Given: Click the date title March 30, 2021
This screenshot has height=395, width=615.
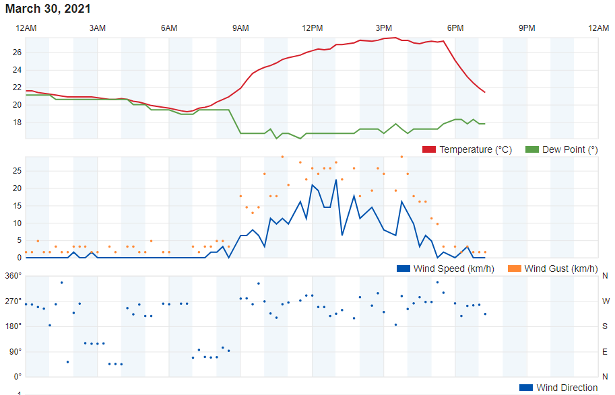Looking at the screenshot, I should point(48,9).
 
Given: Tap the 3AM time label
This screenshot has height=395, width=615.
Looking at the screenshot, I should point(97,28).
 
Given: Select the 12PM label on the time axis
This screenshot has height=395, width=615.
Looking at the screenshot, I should point(312,28).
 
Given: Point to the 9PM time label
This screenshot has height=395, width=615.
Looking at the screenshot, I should point(527,28).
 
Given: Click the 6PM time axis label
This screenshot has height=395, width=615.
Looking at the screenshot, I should point(455,28).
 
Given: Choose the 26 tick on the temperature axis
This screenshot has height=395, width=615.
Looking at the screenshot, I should point(18,52).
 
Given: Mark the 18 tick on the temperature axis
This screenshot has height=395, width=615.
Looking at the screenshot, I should point(18,122).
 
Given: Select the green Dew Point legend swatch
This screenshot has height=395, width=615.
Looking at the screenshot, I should point(532,149).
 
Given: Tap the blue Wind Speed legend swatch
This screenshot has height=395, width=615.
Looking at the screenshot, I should point(403,269).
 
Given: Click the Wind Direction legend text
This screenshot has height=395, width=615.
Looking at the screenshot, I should point(567,388).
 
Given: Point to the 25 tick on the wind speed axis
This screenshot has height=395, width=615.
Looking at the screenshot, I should point(18,171).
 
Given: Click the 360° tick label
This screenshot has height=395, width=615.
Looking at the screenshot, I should point(13,276).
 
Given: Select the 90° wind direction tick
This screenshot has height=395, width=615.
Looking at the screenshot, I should point(15,351).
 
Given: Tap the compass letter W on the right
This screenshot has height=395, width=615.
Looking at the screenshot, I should point(606,301).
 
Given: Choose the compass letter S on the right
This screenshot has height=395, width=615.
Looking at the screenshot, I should point(605,326).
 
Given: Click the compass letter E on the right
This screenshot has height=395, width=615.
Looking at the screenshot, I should point(605,351).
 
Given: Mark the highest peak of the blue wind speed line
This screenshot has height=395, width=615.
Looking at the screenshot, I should point(336,180).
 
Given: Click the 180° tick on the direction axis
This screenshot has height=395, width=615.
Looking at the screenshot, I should point(13,326).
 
